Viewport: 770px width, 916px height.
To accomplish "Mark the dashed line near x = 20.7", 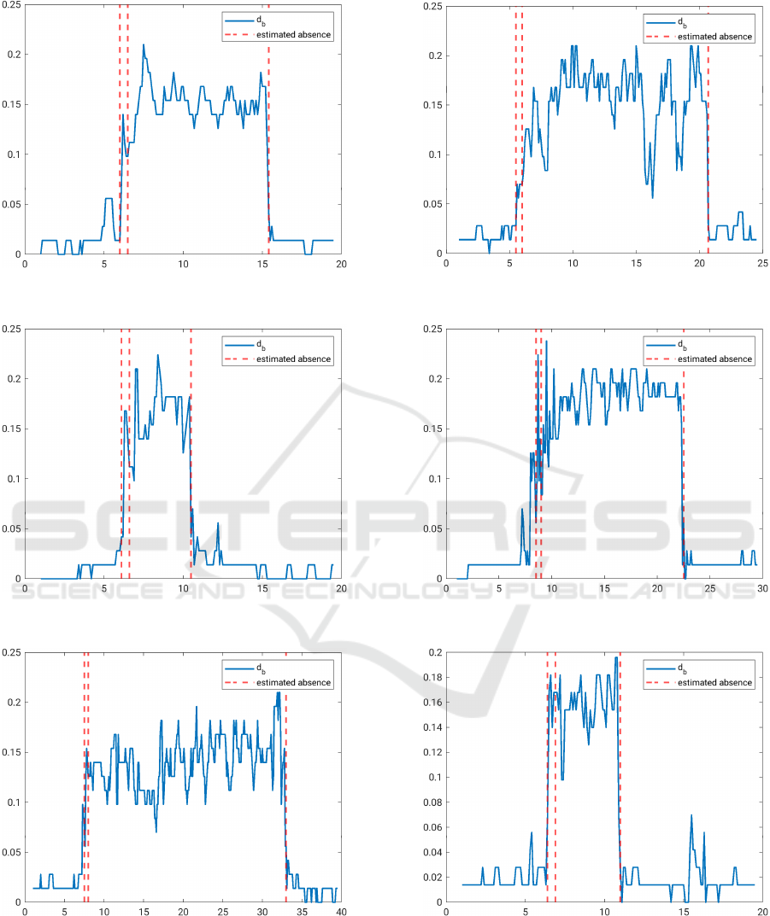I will pyautogui.click(x=708, y=128).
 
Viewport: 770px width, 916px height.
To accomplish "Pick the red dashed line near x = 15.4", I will pyautogui.click(x=268, y=128).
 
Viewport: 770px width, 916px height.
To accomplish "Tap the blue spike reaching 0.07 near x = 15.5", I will pyautogui.click(x=691, y=815).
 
